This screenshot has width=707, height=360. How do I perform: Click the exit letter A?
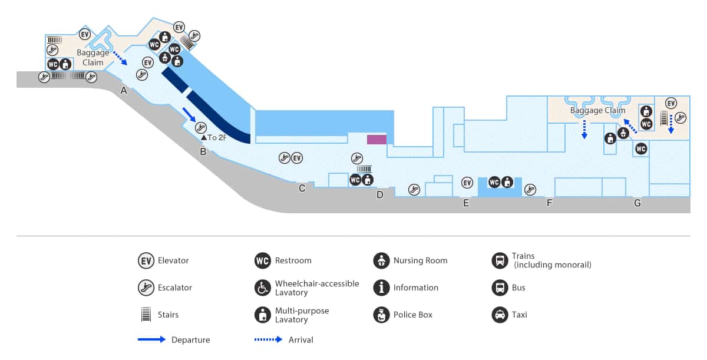[x=124, y=90]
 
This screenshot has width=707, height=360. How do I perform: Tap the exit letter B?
[x=203, y=151]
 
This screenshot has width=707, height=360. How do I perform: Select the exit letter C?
[x=302, y=189]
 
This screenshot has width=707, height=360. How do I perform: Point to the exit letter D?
[x=380, y=194]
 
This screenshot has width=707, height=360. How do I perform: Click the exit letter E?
[x=466, y=203]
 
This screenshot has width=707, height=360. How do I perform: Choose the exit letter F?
[x=550, y=203]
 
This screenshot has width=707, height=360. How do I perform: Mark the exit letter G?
[x=637, y=203]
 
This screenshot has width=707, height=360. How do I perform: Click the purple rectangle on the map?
[x=376, y=139]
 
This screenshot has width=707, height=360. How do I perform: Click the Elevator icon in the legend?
[x=146, y=260]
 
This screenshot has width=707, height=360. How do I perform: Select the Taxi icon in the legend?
[x=500, y=315]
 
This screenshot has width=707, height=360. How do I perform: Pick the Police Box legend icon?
[x=381, y=315]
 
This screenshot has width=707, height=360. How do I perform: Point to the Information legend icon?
[x=381, y=288]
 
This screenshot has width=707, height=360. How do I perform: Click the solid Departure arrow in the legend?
[x=152, y=339]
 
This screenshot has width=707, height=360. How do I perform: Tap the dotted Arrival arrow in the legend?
[x=269, y=339]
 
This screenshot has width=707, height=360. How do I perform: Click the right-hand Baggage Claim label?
[x=597, y=110]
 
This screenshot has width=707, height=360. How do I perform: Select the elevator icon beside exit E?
[x=467, y=183]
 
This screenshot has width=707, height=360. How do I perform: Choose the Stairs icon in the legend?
[x=146, y=315]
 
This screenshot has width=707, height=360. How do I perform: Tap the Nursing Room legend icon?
[x=381, y=260]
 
